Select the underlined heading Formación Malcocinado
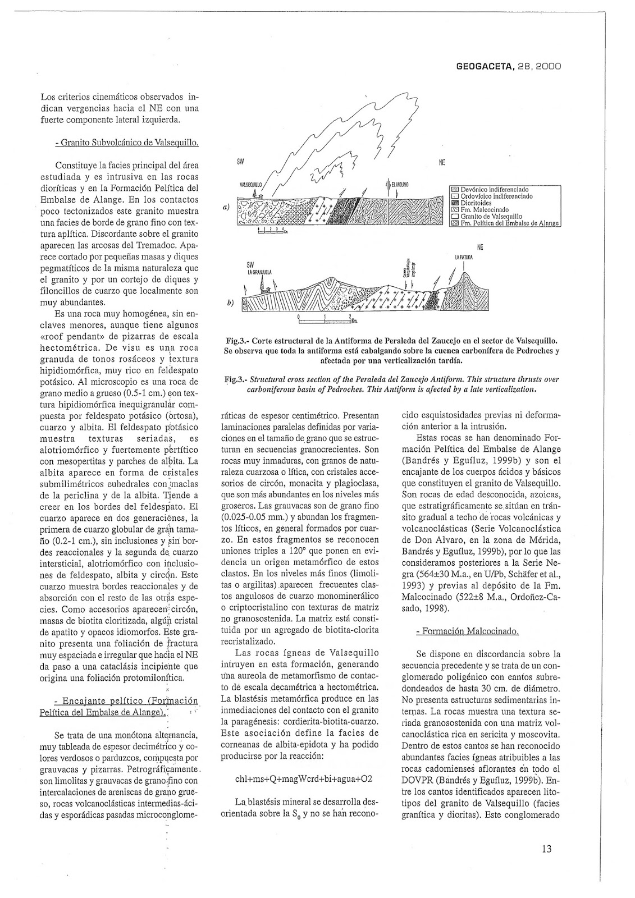467,631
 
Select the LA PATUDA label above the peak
464,258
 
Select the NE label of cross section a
441,163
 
